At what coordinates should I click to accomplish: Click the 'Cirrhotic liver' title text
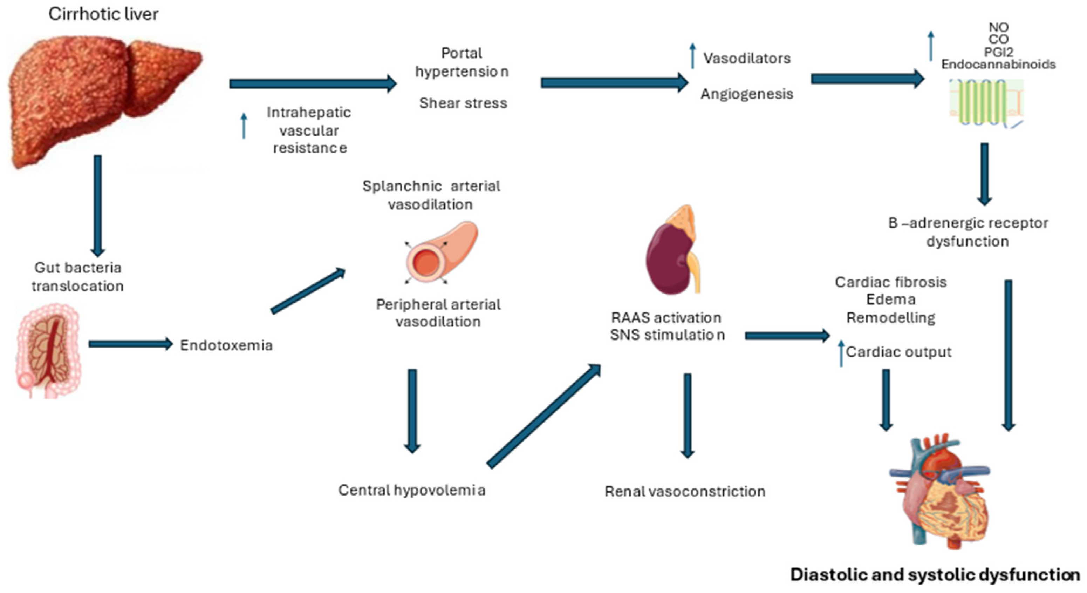(103, 14)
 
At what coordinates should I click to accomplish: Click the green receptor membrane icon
(985, 103)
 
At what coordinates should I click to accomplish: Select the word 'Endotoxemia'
(226, 345)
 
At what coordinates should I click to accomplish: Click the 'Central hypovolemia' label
(411, 490)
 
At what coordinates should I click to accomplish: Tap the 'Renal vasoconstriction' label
(684, 492)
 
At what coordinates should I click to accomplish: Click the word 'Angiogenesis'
(746, 94)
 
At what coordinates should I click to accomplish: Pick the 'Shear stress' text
(463, 103)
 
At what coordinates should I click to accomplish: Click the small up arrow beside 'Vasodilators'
(692, 56)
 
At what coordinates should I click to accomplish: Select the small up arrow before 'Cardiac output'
(841, 353)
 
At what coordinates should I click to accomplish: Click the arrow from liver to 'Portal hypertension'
(312, 83)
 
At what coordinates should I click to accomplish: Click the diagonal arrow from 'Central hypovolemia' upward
(544, 416)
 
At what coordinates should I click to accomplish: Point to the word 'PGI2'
(998, 52)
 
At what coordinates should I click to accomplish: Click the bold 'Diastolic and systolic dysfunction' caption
(935, 575)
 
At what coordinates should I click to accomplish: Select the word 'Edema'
(891, 299)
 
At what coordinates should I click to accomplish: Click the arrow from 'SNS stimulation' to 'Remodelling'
(787, 336)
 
